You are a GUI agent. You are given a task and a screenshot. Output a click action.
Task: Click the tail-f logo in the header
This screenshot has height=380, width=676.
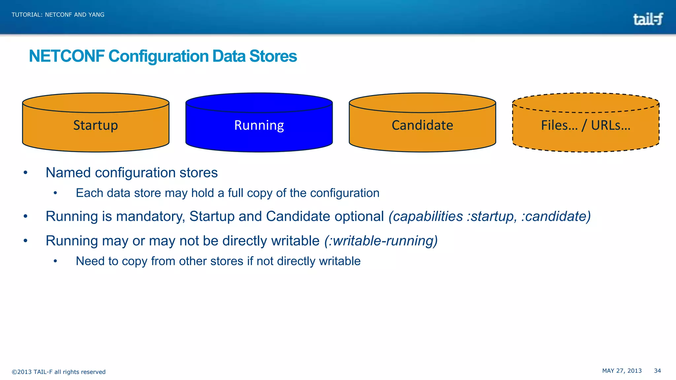click(x=648, y=19)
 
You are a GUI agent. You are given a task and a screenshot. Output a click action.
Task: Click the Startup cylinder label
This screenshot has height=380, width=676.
click(x=95, y=125)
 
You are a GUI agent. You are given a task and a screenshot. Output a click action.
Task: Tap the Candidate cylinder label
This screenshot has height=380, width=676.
click(x=422, y=125)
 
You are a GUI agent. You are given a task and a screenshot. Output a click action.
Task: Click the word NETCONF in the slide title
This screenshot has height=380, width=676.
click(x=67, y=56)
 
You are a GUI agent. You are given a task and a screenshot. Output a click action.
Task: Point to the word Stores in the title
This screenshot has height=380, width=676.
click(x=273, y=56)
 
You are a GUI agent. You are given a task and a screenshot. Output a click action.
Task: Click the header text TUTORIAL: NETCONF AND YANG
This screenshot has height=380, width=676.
click(x=58, y=15)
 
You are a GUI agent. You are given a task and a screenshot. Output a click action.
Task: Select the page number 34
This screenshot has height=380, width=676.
click(x=657, y=371)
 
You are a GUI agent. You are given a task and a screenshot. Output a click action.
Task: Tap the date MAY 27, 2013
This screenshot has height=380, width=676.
click(x=622, y=371)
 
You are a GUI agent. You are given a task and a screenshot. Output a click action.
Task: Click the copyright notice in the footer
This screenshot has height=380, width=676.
click(x=59, y=372)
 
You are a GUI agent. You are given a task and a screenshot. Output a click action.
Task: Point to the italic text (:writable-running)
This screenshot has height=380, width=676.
click(x=381, y=241)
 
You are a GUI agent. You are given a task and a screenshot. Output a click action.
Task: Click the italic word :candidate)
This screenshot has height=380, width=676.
click(x=556, y=216)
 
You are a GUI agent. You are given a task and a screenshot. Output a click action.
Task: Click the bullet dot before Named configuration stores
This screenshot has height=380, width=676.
click(x=25, y=173)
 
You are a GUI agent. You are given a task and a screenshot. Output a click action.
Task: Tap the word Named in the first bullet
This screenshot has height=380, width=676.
click(x=68, y=173)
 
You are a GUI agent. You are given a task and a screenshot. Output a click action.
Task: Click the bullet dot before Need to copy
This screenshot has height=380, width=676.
click(x=55, y=261)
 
